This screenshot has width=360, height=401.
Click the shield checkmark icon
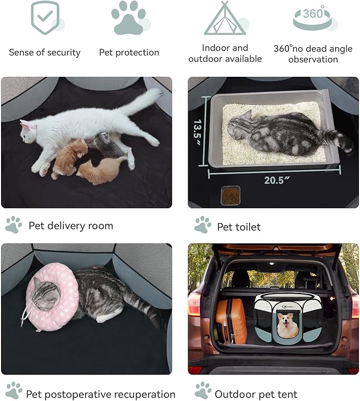tap(45, 17)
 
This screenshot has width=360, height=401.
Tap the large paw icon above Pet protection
tap(128, 18)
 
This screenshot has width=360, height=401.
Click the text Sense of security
tap(45, 52)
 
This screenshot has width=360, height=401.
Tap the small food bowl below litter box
tap(230, 195)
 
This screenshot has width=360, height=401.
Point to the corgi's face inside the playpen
tap(287, 325)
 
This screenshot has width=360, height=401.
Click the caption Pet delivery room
tap(71, 226)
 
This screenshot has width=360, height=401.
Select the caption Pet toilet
tap(239, 227)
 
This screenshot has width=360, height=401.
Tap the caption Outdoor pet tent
tap(256, 394)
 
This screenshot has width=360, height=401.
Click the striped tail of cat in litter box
tap(339, 140)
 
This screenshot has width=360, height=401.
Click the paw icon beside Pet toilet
tap(203, 225)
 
